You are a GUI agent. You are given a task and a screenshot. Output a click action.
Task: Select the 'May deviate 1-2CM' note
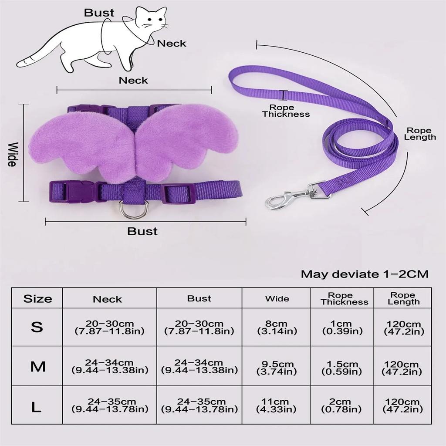pos(365,274)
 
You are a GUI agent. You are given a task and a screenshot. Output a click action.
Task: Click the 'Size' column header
pos(37,299)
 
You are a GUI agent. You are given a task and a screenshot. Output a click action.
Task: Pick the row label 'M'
pos(38,366)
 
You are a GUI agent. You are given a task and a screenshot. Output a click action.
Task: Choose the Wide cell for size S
pos(277,327)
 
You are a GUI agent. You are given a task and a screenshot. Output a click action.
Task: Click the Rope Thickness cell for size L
pos(341,405)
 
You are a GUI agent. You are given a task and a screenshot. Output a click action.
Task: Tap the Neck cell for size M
pos(109,366)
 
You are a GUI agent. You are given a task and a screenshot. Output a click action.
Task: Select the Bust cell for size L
pos(199,405)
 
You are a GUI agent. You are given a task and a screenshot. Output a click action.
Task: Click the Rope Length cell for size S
pos(404,328)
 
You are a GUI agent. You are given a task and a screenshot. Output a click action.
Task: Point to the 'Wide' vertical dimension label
pos(12,154)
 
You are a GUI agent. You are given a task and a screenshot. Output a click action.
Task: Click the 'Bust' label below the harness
pos(142,231)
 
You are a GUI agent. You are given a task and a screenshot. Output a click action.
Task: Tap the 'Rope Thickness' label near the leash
pos(286,111)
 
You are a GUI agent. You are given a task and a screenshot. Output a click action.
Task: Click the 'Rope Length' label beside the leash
pos(420,134)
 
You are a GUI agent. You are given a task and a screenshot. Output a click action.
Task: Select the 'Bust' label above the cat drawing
pos(99,13)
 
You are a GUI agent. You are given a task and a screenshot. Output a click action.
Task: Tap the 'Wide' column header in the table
pos(277,299)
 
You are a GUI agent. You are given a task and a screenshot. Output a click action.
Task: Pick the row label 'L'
pos(36,407)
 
